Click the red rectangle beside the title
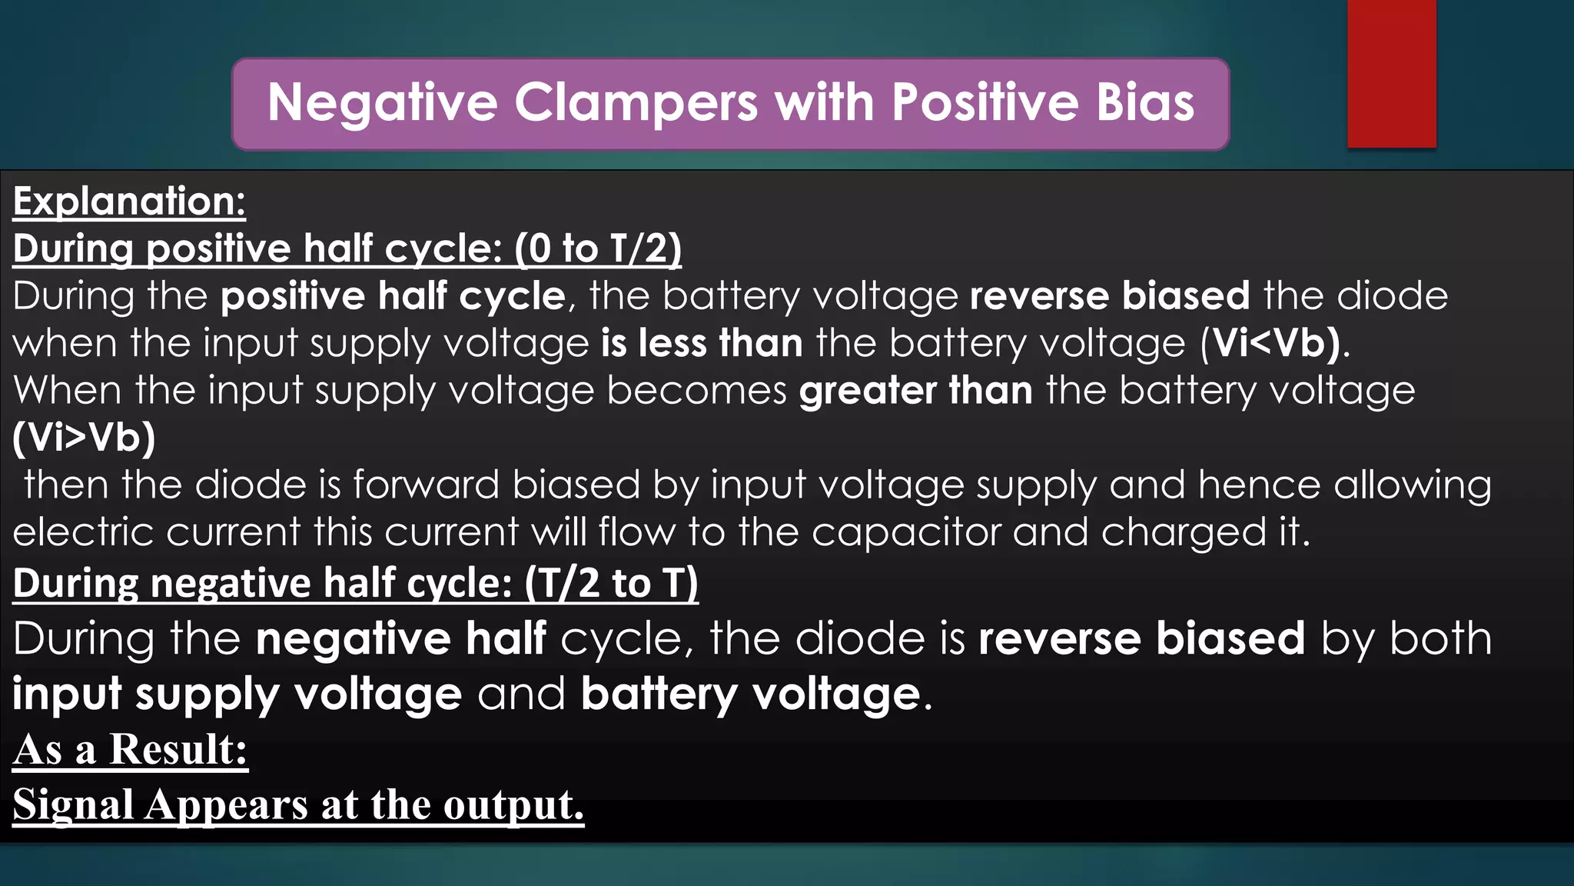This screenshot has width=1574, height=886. (1391, 74)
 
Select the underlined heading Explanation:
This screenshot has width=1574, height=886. (129, 202)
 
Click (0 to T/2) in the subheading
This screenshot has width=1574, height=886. (598, 249)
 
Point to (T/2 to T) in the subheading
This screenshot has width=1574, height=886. (612, 583)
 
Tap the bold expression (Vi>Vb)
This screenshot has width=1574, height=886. (85, 438)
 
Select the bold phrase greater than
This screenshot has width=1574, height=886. (915, 391)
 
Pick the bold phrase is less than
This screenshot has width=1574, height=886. (702, 343)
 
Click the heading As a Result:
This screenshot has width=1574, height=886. (130, 749)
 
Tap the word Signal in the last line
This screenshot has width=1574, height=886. (74, 804)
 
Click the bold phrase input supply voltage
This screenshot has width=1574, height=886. (237, 694)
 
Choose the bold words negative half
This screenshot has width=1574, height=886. (400, 639)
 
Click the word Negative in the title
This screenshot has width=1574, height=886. (382, 103)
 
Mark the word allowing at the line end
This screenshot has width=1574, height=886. (1412, 485)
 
